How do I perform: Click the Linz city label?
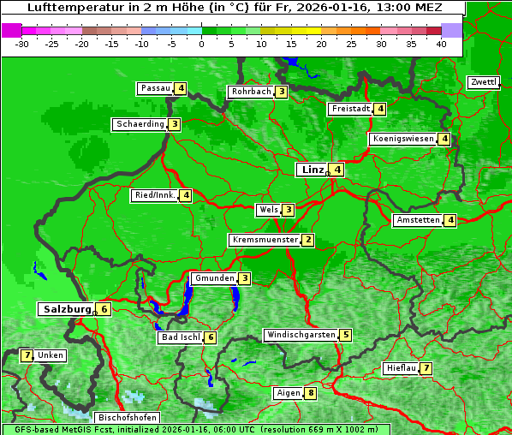[x=312, y=170]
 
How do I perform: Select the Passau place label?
[x=156, y=88]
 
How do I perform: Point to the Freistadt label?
[x=350, y=109]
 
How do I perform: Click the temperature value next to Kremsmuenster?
[x=307, y=241]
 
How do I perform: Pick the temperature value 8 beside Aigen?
[x=310, y=394]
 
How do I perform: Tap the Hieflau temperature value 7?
[x=426, y=368]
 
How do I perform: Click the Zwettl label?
[x=483, y=82]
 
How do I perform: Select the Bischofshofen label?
[x=128, y=418]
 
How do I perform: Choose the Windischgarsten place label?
[x=301, y=335]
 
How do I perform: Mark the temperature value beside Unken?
[x=27, y=355]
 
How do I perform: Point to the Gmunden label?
[x=214, y=278]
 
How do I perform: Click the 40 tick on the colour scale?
[x=441, y=44]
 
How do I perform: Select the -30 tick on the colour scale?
[x=22, y=44]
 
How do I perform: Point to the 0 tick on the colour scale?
[x=202, y=44]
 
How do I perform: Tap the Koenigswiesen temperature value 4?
[x=444, y=139]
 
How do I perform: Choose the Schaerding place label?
[x=140, y=124]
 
